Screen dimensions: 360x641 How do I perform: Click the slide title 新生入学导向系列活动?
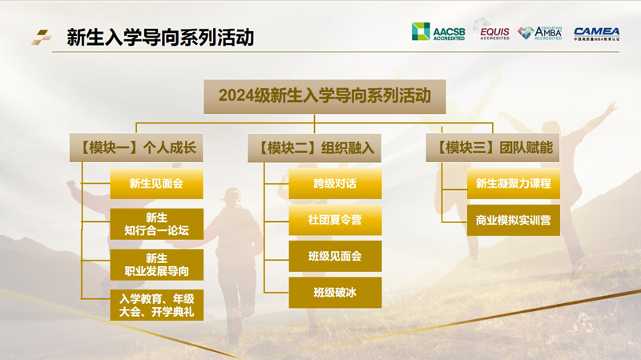pos(160,37)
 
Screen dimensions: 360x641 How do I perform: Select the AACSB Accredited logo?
pos(437,32)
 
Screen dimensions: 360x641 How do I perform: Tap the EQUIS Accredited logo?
pos(494,32)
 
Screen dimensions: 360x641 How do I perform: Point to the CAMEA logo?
pos(596,33)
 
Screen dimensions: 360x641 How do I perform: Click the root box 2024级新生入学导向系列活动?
pos(320,95)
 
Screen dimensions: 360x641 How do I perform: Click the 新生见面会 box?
pos(156,184)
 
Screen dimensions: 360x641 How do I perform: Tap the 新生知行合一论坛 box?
pos(156,224)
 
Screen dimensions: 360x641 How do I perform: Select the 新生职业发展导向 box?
pos(156,265)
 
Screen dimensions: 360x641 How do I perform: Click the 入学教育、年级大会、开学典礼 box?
pos(156,305)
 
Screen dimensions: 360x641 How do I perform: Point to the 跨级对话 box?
pos(335,184)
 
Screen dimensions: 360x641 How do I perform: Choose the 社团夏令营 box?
pos(335,220)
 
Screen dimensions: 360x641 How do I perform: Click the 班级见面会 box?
pos(335,257)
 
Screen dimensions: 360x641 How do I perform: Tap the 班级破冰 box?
pos(335,293)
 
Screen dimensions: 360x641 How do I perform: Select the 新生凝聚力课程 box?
pos(513,184)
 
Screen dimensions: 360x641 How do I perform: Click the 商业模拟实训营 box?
pos(513,220)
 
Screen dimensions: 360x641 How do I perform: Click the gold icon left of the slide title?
pos(41,37)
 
